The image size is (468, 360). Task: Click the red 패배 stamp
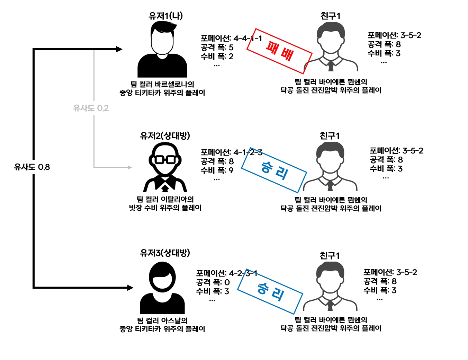(x=279, y=51)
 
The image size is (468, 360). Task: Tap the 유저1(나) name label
(x=165, y=16)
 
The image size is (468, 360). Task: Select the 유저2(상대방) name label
(x=165, y=135)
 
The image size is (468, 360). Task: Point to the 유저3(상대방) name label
(x=165, y=253)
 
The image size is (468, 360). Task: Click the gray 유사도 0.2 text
(x=91, y=108)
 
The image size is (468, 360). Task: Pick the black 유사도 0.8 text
(x=32, y=167)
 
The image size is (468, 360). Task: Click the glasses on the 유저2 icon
(x=165, y=160)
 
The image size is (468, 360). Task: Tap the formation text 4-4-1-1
(x=248, y=38)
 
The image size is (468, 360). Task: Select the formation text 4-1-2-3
(x=248, y=152)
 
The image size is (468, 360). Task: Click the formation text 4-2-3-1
(x=243, y=273)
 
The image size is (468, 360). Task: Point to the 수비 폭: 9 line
(x=217, y=170)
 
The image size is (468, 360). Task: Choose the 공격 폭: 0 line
(x=213, y=282)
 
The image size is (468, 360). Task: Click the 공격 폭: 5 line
(x=217, y=47)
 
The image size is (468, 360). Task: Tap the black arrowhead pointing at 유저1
(x=119, y=49)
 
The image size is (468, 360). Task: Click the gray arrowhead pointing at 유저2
(x=130, y=167)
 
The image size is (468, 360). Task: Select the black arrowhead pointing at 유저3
(x=130, y=288)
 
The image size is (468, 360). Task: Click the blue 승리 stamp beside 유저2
(x=274, y=170)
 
